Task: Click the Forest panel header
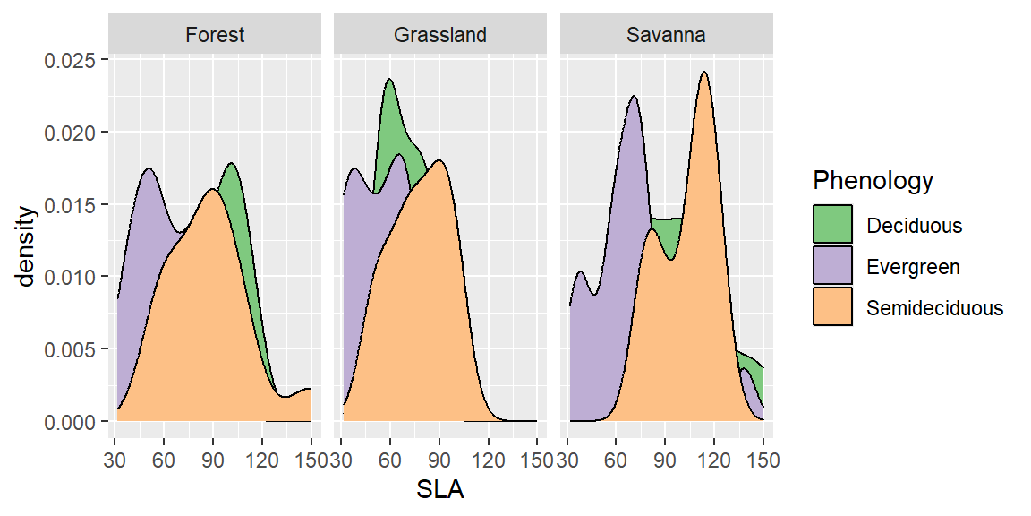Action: coord(215,35)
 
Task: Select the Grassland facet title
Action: coord(440,35)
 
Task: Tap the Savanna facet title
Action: coord(666,35)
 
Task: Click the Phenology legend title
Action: coord(873,181)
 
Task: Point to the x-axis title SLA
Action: coord(440,490)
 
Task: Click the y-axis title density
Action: coord(27,246)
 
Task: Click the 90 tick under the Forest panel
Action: coord(213,460)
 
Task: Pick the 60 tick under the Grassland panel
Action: coord(390,460)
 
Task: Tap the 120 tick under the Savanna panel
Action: coord(713,460)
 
